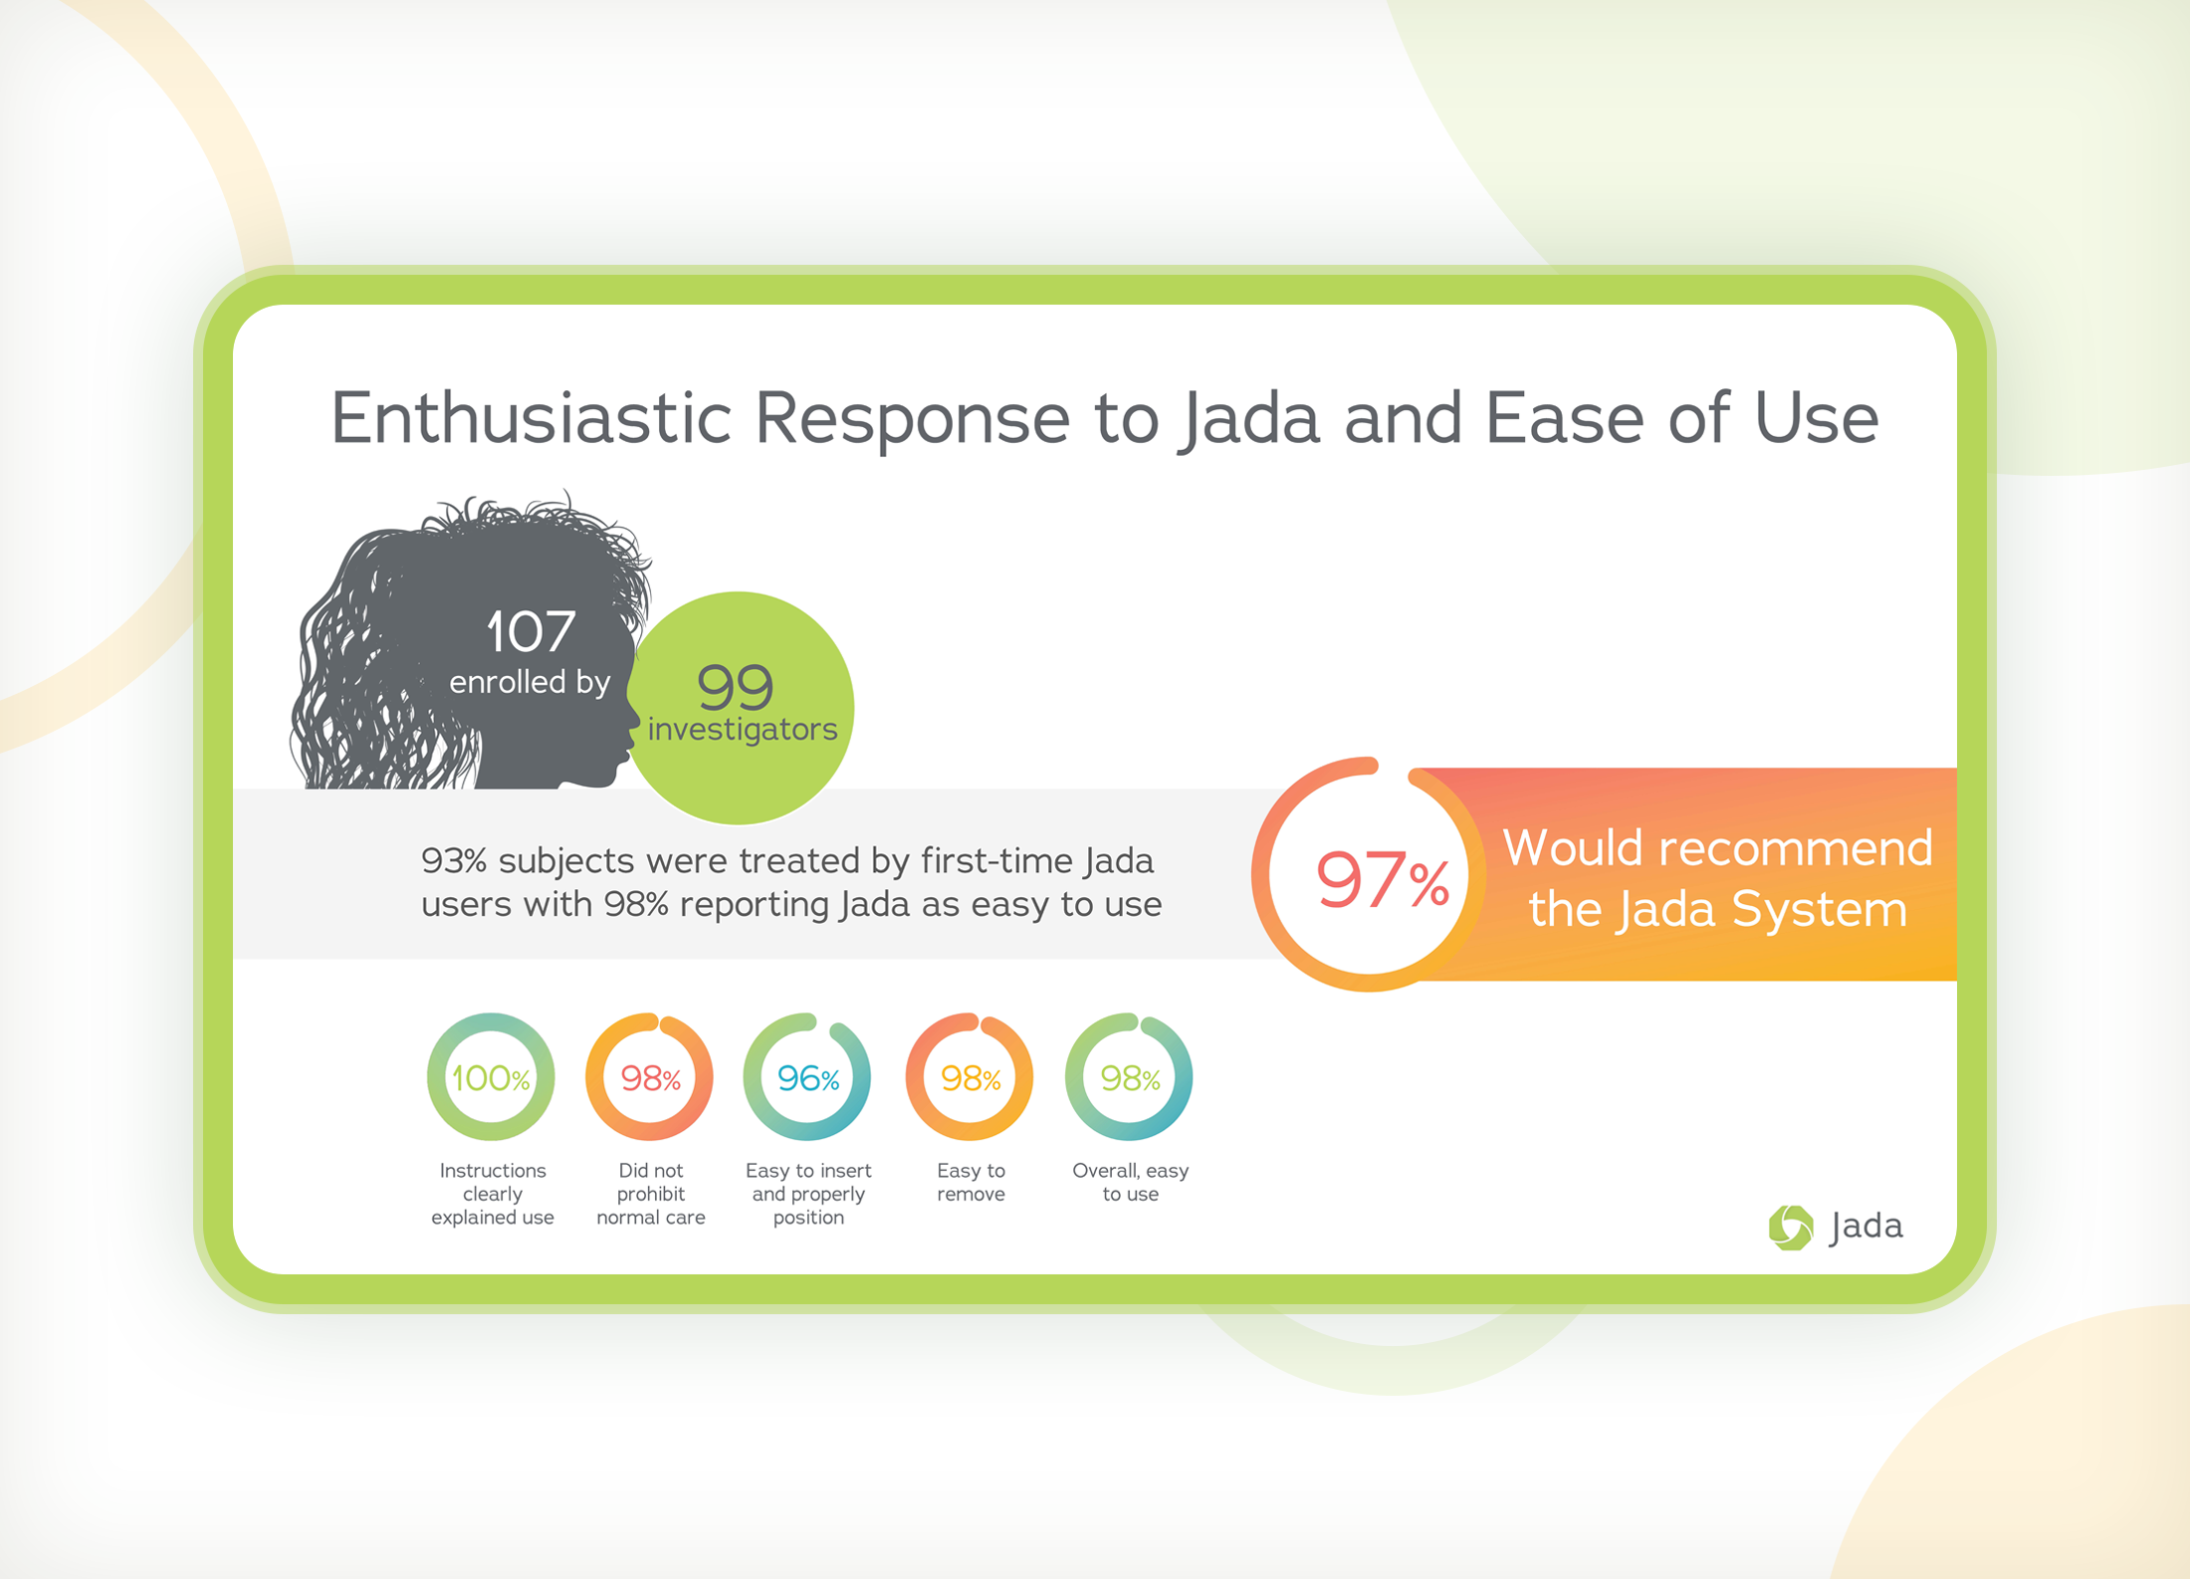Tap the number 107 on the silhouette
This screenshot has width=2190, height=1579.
pyautogui.click(x=530, y=631)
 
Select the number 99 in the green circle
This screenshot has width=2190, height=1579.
pyautogui.click(x=736, y=685)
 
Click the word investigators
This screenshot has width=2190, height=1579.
pyautogui.click(x=743, y=729)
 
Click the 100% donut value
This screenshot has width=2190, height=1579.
pyautogui.click(x=490, y=1078)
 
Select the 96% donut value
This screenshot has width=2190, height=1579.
pyautogui.click(x=807, y=1078)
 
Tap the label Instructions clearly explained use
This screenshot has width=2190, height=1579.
pyautogui.click(x=492, y=1194)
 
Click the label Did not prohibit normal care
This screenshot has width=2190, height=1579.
pyautogui.click(x=650, y=1194)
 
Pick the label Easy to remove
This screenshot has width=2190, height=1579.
pyautogui.click(x=971, y=1183)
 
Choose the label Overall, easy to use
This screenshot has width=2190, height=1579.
pyautogui.click(x=1130, y=1183)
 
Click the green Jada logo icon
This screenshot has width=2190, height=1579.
pyautogui.click(x=1790, y=1227)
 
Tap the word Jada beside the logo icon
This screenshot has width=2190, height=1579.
pyautogui.click(x=1866, y=1226)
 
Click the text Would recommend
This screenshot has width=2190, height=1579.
pyautogui.click(x=1717, y=848)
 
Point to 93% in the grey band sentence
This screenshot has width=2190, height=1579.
pyautogui.click(x=453, y=860)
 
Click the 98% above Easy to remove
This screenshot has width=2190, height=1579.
pyautogui.click(x=971, y=1078)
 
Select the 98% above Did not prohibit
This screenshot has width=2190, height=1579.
pyautogui.click(x=650, y=1078)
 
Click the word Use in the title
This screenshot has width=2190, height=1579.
pyautogui.click(x=1817, y=418)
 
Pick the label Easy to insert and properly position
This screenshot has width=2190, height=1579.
pyautogui.click(x=808, y=1194)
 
